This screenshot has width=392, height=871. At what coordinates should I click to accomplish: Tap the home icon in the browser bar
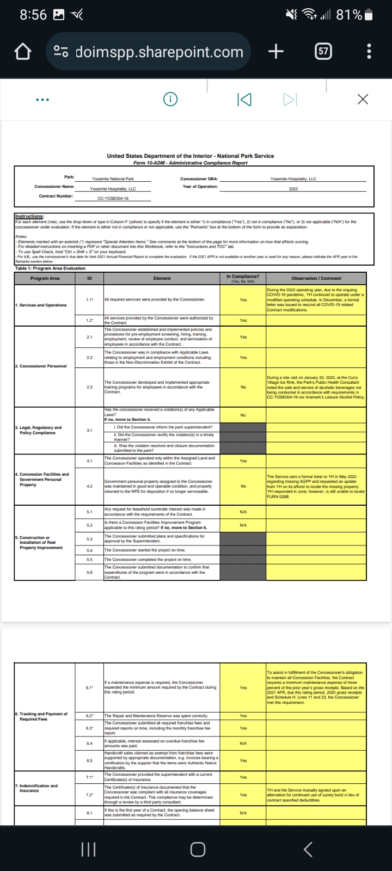(x=21, y=52)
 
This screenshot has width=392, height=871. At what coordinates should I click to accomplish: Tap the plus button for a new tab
(x=276, y=52)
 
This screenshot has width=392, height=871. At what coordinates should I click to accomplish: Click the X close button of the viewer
(x=363, y=99)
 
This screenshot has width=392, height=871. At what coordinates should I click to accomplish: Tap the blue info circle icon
(x=170, y=99)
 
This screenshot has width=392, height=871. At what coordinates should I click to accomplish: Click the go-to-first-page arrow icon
(x=244, y=100)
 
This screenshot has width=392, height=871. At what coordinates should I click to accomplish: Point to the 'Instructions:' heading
(x=29, y=216)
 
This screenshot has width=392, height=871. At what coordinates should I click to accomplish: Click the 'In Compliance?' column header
(x=243, y=278)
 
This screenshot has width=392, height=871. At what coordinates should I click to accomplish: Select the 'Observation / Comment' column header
(x=316, y=278)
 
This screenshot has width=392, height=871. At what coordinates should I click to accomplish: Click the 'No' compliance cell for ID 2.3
(x=243, y=387)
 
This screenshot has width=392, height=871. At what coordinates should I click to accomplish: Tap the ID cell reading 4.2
(x=89, y=486)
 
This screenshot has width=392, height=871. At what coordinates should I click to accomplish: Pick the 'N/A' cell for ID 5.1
(x=243, y=512)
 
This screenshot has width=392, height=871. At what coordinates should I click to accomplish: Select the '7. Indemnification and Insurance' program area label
(x=36, y=788)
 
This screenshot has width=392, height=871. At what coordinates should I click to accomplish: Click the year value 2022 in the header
(x=293, y=188)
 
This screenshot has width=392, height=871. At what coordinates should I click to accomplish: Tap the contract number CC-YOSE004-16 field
(x=113, y=198)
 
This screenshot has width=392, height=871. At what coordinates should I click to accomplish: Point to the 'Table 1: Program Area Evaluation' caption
(x=50, y=268)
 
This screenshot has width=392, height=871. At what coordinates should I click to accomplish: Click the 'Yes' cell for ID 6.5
(x=243, y=760)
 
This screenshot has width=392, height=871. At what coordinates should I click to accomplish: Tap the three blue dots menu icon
(x=42, y=100)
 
